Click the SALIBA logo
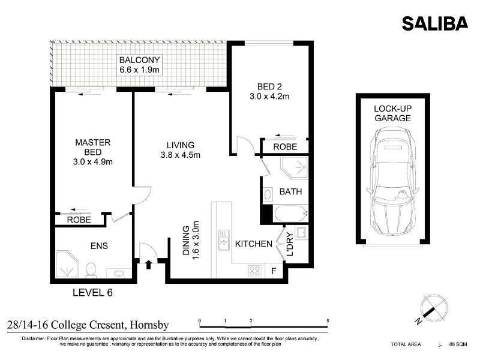434,23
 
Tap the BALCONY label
139,59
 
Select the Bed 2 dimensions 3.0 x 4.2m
269,97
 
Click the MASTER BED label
93,147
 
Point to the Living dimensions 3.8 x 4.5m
181,155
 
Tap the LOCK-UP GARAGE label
393,113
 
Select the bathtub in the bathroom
291,214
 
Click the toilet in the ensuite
91,270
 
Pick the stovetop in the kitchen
254,271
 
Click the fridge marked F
274,271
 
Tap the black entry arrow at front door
149,265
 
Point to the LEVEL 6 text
93,293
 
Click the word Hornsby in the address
149,325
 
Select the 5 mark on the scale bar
328,321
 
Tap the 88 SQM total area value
458,344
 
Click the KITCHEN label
253,244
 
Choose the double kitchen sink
224,241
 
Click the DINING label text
186,241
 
